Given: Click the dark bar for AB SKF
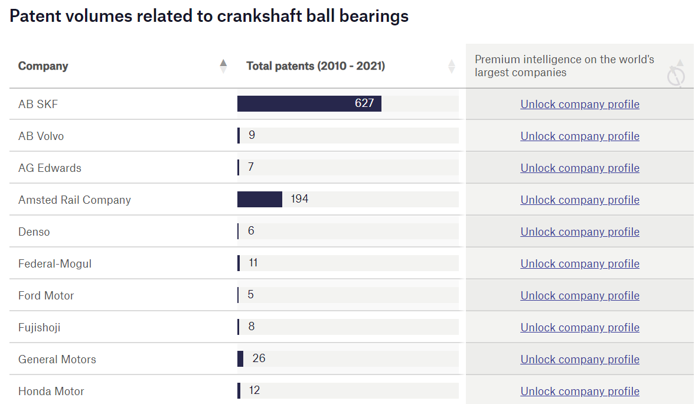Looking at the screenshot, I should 295,103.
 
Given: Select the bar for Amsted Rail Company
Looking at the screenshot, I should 260,199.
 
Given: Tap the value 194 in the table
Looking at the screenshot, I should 299,199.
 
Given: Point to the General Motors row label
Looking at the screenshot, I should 57,359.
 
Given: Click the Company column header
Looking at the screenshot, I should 43,66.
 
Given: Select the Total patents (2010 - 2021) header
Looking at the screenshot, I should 315,66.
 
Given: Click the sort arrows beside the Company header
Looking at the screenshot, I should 223,66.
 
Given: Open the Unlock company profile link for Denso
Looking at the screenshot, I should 580,232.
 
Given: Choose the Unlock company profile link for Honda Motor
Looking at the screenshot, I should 580,391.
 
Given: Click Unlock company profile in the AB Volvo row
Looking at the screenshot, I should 580,136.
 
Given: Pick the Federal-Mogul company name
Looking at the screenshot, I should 55,263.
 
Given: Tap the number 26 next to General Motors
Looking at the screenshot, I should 259,359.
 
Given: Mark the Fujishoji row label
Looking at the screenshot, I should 40,327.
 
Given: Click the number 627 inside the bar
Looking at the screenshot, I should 364,103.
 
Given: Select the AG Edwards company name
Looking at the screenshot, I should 50,168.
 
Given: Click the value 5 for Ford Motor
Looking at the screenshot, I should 251,295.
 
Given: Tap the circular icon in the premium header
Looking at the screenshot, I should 676,76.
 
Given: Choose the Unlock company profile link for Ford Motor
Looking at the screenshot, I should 580,295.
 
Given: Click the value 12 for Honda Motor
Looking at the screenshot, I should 254,390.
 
